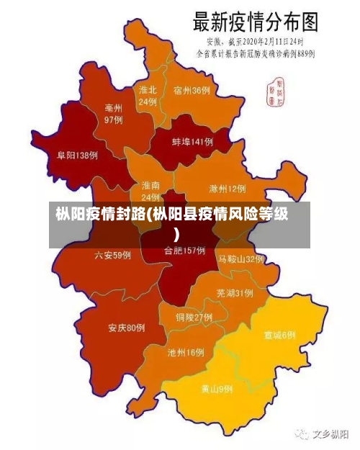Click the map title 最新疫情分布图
[x=255, y=21]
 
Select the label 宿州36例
[x=192, y=91]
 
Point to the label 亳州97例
[x=113, y=113]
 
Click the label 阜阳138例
[x=77, y=155]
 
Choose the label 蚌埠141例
[x=192, y=143]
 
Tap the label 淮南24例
[x=150, y=191]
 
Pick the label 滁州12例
[x=227, y=189]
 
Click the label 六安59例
[x=112, y=255]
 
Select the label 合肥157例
[x=184, y=251]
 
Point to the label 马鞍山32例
[x=241, y=258]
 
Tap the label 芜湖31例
[x=234, y=293]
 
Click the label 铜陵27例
[x=194, y=317]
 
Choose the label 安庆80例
[x=127, y=328]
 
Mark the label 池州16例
[x=186, y=353]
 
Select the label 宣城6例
[x=279, y=336]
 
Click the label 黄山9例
[x=217, y=389]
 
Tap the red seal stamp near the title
[x=275, y=89]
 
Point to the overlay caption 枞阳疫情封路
[x=100, y=215]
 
